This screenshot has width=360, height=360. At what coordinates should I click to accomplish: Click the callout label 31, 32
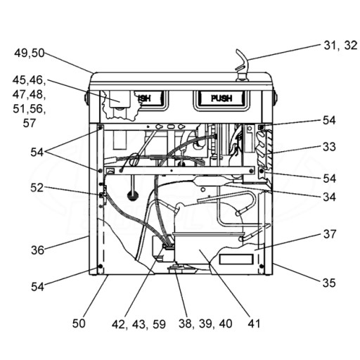340,45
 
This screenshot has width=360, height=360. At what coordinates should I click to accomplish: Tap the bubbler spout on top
241,65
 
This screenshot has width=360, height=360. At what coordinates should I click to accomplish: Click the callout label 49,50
30,53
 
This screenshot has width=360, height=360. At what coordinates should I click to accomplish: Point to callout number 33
329,147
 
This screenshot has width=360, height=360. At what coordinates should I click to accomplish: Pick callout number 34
329,197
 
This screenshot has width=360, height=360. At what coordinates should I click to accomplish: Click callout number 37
330,234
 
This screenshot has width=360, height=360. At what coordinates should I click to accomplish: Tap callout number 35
329,283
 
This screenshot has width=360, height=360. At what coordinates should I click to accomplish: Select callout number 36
37,250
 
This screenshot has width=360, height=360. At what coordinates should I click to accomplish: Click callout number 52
37,188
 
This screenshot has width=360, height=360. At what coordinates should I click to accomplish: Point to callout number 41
254,323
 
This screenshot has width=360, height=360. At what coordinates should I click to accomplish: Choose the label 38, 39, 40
205,323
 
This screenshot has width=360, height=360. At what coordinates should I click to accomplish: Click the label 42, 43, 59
139,324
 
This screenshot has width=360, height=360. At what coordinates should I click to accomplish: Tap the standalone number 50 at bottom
79,323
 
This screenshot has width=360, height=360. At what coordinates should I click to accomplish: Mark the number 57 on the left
30,123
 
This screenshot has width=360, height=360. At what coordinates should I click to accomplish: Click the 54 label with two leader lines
37,153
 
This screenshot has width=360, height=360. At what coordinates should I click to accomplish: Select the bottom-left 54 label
37,287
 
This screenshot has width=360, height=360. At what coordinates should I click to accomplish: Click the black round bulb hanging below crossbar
133,195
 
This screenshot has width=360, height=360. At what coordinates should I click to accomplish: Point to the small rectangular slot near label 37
236,259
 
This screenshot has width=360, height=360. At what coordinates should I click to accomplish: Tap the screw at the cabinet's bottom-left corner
101,266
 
